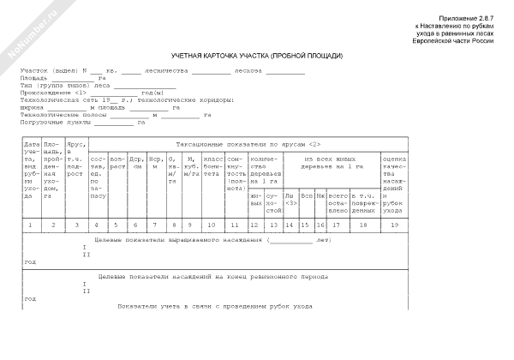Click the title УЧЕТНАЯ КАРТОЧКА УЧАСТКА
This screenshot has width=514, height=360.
[x=256, y=54]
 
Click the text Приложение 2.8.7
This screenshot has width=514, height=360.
[x=466, y=18]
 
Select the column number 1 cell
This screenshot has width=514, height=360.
[x=30, y=225]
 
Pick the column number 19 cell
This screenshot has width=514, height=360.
[x=393, y=225]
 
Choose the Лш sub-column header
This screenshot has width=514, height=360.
[x=289, y=198]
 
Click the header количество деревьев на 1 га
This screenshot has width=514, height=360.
[x=262, y=171]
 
